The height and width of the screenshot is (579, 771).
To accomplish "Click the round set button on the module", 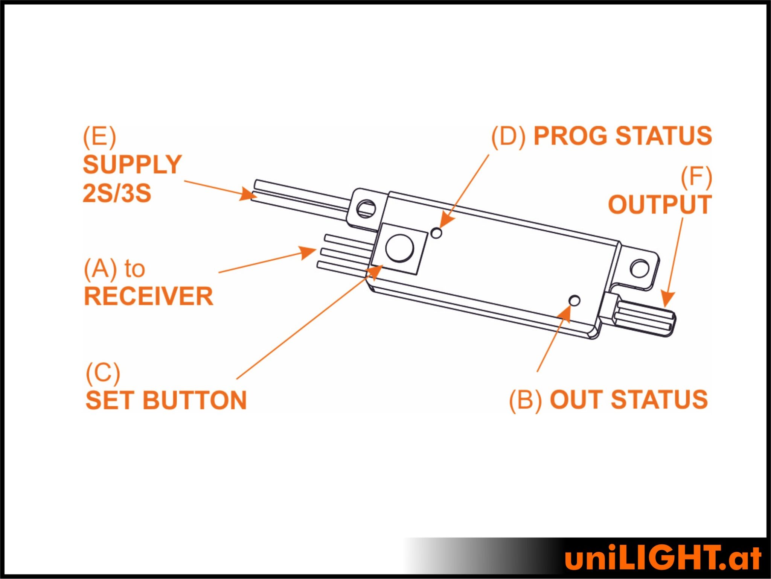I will click(x=400, y=248).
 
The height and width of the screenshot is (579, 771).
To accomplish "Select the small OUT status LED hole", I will click(x=575, y=300).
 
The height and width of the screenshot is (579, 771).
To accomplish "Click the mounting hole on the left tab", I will click(x=366, y=208).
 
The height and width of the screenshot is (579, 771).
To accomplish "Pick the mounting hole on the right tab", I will click(x=639, y=268).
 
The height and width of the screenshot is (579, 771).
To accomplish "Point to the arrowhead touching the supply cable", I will click(x=248, y=194).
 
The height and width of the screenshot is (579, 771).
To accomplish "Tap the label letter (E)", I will click(x=99, y=137).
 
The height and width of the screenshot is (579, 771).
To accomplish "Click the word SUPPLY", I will click(x=132, y=165).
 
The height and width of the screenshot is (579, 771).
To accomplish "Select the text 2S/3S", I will click(x=117, y=193).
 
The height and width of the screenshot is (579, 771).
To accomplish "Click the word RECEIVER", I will click(x=148, y=296).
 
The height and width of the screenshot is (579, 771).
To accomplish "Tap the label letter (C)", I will click(x=103, y=373).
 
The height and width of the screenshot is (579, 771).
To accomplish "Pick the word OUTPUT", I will click(x=660, y=205).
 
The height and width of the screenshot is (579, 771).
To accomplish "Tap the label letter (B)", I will click(x=526, y=400).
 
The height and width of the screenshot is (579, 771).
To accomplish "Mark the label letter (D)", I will click(x=508, y=136).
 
